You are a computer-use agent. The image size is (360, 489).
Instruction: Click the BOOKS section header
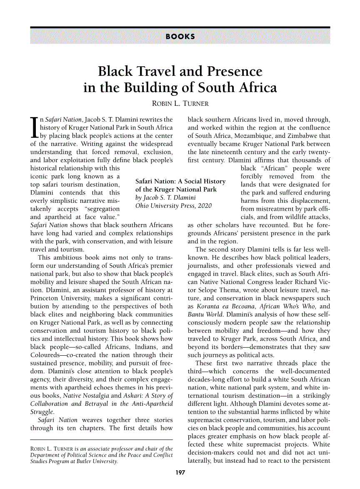click(x=180, y=37)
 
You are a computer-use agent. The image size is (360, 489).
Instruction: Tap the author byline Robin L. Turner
click(x=180, y=103)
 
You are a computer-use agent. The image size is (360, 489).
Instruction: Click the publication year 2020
click(x=204, y=206)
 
